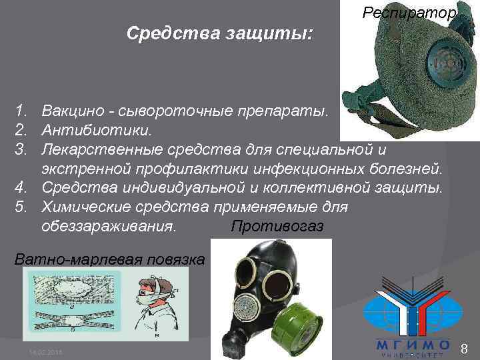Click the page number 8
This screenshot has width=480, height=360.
[465, 347]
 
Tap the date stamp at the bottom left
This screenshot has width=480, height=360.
[44, 351]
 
